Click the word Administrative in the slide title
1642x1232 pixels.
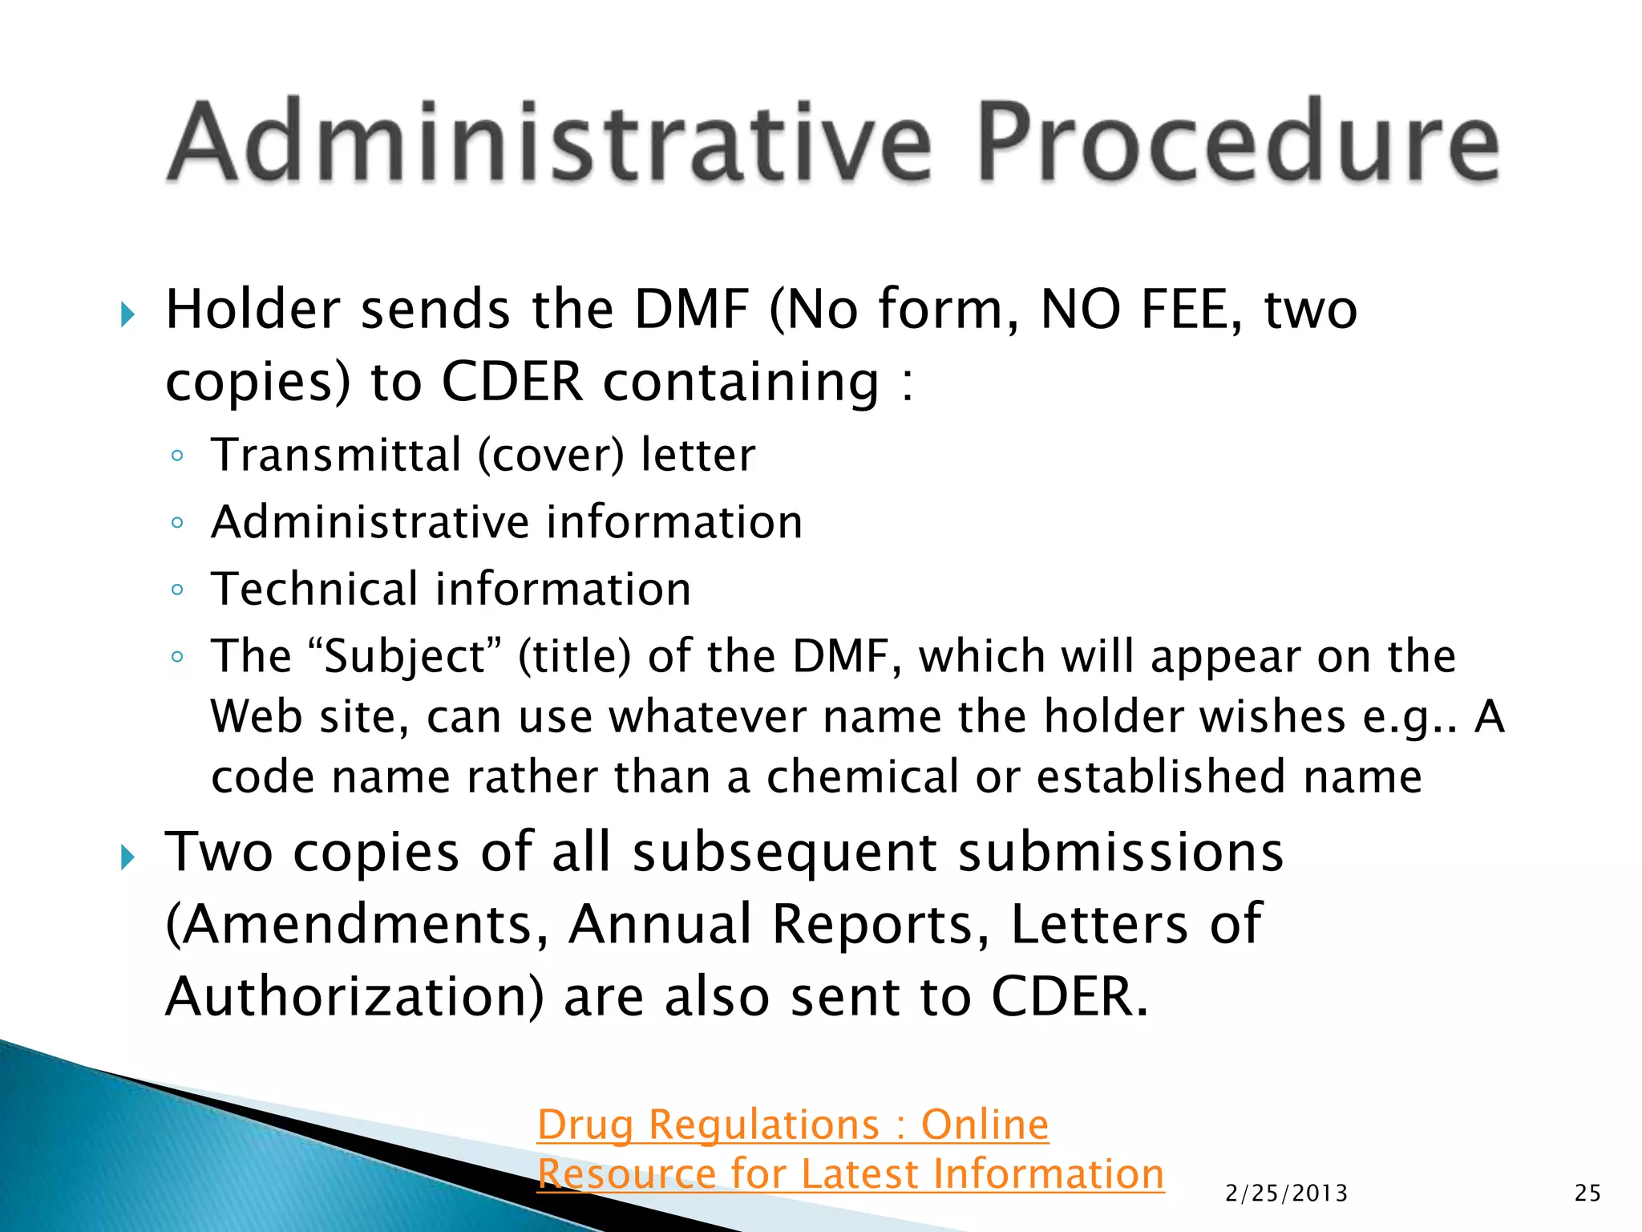pos(550,143)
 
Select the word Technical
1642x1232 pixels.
pos(315,590)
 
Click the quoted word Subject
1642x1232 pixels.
pos(405,658)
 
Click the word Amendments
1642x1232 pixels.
pos(358,924)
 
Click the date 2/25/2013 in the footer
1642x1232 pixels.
pos(1286,1193)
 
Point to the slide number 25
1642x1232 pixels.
pos(1587,1193)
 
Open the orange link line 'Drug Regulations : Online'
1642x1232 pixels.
pos(792,1125)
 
